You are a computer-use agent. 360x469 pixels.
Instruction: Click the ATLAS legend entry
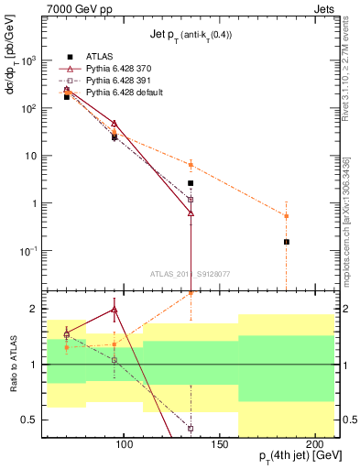99,57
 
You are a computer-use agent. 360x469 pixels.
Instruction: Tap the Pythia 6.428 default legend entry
125,93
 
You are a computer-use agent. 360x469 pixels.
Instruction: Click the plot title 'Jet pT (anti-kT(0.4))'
191,35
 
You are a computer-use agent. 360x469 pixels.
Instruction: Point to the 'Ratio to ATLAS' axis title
16,364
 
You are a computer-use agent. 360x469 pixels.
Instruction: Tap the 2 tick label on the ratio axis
47,309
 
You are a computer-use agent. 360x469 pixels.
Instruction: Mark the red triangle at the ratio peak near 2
115,310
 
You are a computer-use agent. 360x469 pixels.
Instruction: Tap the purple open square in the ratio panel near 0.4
191,428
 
